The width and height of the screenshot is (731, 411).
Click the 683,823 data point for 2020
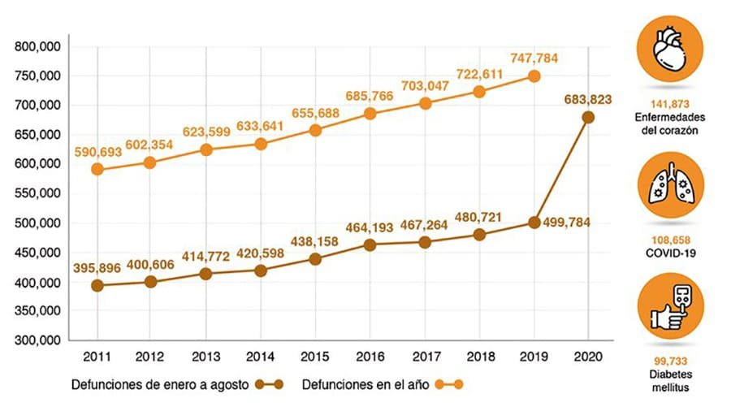click(x=588, y=117)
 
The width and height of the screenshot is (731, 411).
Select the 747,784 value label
click(x=534, y=58)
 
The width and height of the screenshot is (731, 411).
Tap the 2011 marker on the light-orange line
click(x=97, y=169)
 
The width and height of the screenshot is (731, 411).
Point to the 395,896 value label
click(x=99, y=267)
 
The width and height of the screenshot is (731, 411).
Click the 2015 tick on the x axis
click(x=315, y=356)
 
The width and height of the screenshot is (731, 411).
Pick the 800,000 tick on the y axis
click(x=37, y=46)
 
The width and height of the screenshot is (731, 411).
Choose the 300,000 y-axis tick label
click(x=37, y=340)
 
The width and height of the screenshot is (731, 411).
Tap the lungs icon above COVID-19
click(x=670, y=187)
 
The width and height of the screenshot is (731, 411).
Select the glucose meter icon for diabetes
click(x=670, y=306)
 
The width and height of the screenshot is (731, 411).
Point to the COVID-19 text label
click(x=670, y=253)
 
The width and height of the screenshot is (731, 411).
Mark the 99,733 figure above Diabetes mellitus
click(x=670, y=361)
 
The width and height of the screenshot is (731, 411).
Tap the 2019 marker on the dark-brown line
click(x=534, y=223)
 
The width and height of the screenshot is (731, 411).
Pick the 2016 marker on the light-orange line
click(x=370, y=114)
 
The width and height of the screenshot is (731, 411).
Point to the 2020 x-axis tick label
click(x=588, y=356)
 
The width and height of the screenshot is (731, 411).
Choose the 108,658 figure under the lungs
click(x=670, y=240)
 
